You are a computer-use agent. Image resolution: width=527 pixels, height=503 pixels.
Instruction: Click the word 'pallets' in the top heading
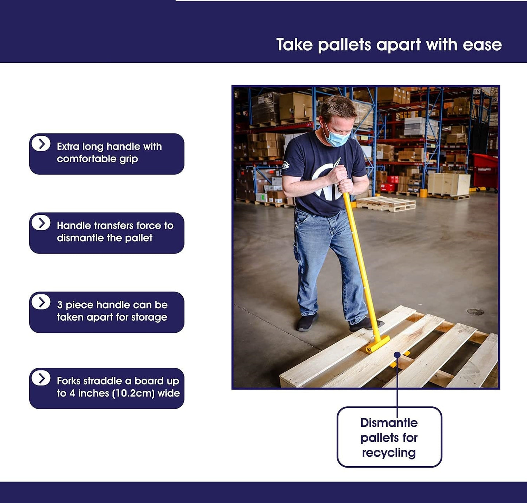click(344, 45)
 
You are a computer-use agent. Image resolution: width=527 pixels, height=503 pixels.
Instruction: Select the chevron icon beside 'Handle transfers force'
click(41, 223)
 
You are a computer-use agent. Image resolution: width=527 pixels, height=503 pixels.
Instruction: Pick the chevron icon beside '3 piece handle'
click(41, 302)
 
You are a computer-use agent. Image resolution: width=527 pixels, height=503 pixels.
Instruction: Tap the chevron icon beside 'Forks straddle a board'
click(41, 378)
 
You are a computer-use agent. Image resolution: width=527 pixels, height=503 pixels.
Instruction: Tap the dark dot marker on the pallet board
click(397, 355)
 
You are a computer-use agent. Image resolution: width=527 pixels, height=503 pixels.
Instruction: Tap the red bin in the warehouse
click(485, 173)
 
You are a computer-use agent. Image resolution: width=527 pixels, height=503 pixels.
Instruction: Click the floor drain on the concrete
click(475, 312)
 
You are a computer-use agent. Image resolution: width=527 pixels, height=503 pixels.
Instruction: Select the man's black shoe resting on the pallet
click(365, 324)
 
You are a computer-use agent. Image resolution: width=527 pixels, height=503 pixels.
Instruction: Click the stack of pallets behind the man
click(385, 204)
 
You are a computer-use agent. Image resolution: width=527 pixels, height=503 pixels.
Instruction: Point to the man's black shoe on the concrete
click(307, 322)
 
